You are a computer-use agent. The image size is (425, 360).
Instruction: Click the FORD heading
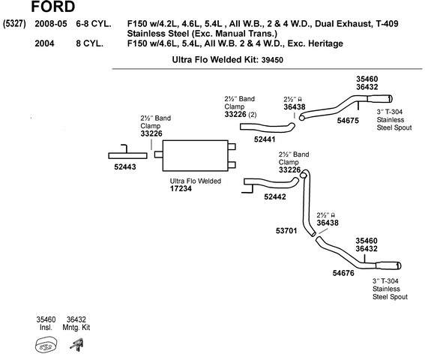pyautogui.click(x=53, y=6)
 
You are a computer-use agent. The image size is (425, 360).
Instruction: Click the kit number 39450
pyautogui.click(x=272, y=60)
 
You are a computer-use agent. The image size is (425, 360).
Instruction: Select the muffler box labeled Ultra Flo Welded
pyautogui.click(x=195, y=156)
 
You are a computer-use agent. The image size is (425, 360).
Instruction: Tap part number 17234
pyautogui.click(x=181, y=188)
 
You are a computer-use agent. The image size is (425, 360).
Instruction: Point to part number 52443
pyautogui.click(x=125, y=166)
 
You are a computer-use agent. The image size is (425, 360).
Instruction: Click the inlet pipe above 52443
pyautogui.click(x=127, y=155)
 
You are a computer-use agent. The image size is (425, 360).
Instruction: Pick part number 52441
pyautogui.click(x=265, y=139)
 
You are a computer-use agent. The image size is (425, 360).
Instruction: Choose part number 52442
pyautogui.click(x=275, y=196)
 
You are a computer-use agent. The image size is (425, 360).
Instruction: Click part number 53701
pyautogui.click(x=286, y=231)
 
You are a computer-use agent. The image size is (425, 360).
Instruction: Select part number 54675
pyautogui.click(x=348, y=121)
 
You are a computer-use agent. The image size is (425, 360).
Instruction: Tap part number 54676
pyautogui.click(x=343, y=273)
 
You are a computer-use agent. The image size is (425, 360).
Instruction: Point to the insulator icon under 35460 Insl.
pyautogui.click(x=46, y=345)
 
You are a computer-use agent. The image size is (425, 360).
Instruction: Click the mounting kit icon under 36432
pyautogui.click(x=77, y=345)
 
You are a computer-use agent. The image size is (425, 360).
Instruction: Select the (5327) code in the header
pyautogui.click(x=14, y=24)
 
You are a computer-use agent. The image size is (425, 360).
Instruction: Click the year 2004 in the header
pyautogui.click(x=44, y=43)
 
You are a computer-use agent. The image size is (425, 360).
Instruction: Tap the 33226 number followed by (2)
pyautogui.click(x=235, y=115)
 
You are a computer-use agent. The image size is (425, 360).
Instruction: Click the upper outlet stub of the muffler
pyautogui.click(x=232, y=147)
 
